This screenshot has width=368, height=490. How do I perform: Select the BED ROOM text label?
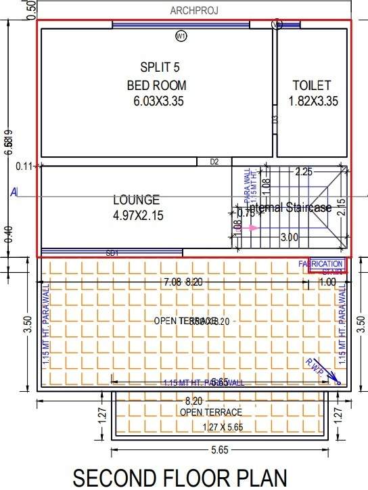click(156, 85)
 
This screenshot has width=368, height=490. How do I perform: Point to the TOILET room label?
click(312, 85)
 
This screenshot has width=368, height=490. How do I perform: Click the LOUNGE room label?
click(136, 200)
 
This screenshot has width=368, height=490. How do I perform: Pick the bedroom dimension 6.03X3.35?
click(156, 102)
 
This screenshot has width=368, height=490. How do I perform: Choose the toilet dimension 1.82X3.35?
click(312, 102)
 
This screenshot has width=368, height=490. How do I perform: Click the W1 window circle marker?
click(181, 36)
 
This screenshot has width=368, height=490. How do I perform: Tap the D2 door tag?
click(214, 162)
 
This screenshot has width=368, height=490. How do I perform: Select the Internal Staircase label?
click(289, 207)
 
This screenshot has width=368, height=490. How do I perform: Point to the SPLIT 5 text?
click(160, 68)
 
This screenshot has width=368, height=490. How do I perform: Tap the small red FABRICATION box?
click(328, 264)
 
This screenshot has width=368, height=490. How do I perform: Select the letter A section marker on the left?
click(14, 192)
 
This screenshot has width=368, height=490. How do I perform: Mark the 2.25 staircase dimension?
click(304, 172)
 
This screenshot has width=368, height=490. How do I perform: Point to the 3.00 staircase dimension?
click(290, 238)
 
